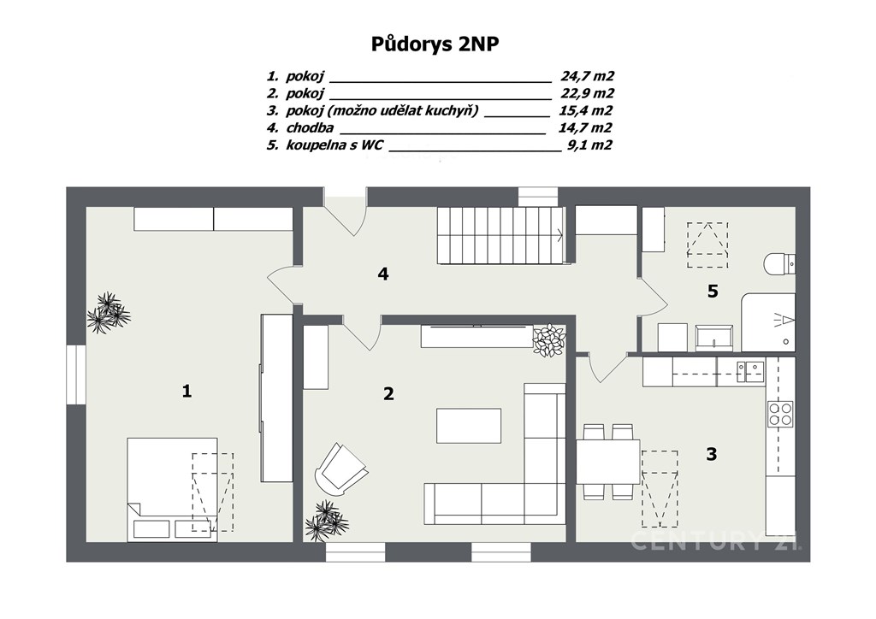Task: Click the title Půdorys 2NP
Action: [435, 44]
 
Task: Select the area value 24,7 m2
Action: [587, 76]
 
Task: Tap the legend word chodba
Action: [310, 128]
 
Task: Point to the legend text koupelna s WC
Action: [334, 145]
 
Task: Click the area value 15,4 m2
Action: [585, 110]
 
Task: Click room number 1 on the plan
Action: [186, 391]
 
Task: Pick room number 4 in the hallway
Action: [383, 274]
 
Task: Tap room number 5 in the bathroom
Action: [713, 291]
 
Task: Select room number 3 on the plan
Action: [711, 454]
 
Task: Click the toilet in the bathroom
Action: [780, 264]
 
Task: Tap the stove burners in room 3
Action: [780, 414]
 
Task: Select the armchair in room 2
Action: [340, 469]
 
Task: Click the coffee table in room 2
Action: [468, 425]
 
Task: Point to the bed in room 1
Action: [172, 490]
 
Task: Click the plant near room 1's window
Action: [109, 313]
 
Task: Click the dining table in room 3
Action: [608, 462]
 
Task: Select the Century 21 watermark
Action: [717, 540]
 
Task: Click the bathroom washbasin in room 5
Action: [714, 339]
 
